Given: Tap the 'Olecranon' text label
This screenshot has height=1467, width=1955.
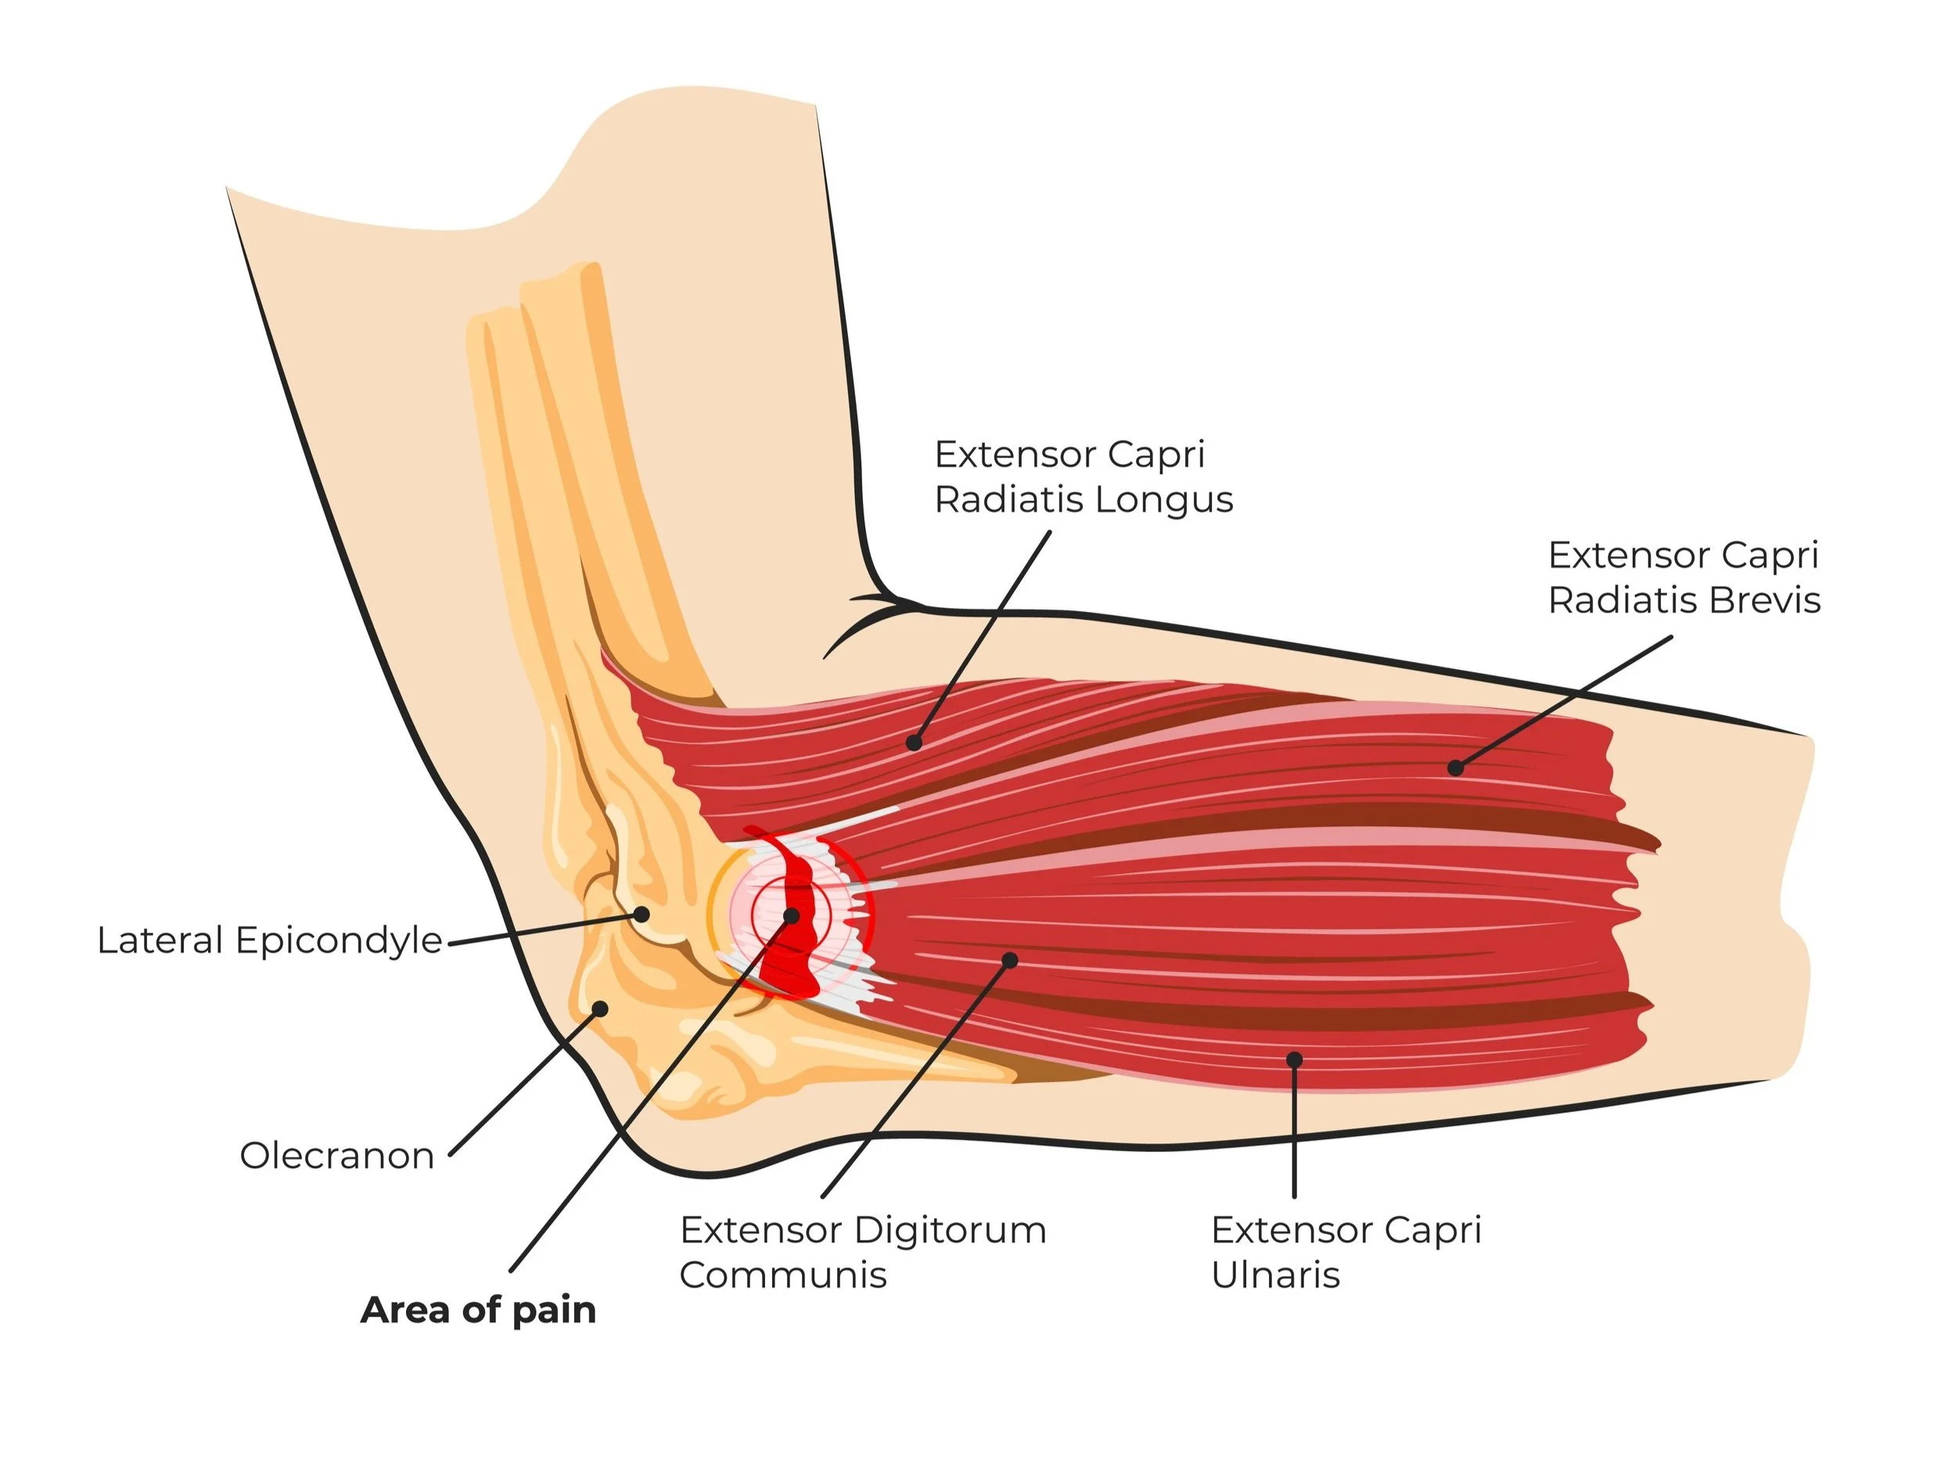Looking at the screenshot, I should click(336, 1156).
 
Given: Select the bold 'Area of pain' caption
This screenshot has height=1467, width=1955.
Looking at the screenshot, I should click(478, 1310).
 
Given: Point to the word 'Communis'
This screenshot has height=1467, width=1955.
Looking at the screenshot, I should click(783, 1275).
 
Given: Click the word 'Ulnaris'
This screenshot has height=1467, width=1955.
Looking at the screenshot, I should click(1275, 1275).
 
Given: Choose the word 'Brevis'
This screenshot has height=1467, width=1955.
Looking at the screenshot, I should click(1765, 601).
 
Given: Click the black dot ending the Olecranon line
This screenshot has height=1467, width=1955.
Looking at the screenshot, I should click(600, 1009).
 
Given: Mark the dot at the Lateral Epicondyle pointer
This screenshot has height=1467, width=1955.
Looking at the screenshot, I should click(641, 914).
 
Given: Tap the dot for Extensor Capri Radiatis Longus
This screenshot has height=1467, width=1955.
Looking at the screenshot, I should click(914, 743).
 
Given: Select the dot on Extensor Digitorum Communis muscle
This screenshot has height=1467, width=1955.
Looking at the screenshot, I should click(1010, 960).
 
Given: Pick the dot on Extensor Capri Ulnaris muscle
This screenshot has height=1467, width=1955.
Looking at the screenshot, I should click(1294, 1059).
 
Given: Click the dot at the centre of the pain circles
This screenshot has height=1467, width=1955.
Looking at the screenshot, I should click(792, 916).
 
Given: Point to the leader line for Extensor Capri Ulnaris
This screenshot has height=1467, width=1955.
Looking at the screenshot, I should click(1294, 1131).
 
